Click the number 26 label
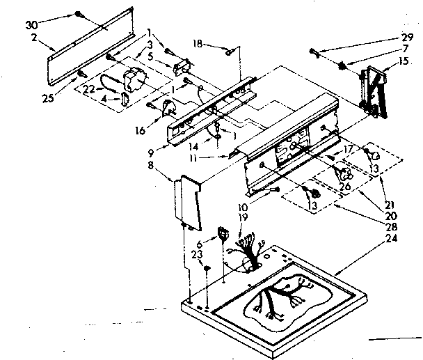344,187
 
